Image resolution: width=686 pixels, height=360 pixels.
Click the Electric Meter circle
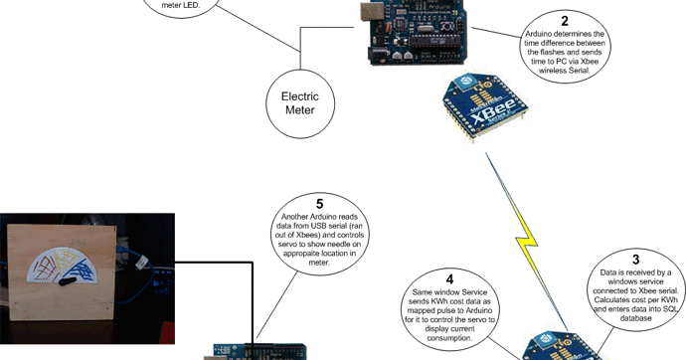(x=299, y=103)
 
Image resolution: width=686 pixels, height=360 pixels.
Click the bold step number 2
(x=565, y=21)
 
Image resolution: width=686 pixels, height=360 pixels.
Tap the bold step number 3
(x=635, y=260)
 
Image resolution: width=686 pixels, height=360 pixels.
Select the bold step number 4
(x=449, y=280)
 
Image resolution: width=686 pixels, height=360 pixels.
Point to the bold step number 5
(x=319, y=204)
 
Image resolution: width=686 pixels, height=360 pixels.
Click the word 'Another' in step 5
(x=298, y=217)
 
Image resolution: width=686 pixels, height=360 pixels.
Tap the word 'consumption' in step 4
(x=449, y=339)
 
